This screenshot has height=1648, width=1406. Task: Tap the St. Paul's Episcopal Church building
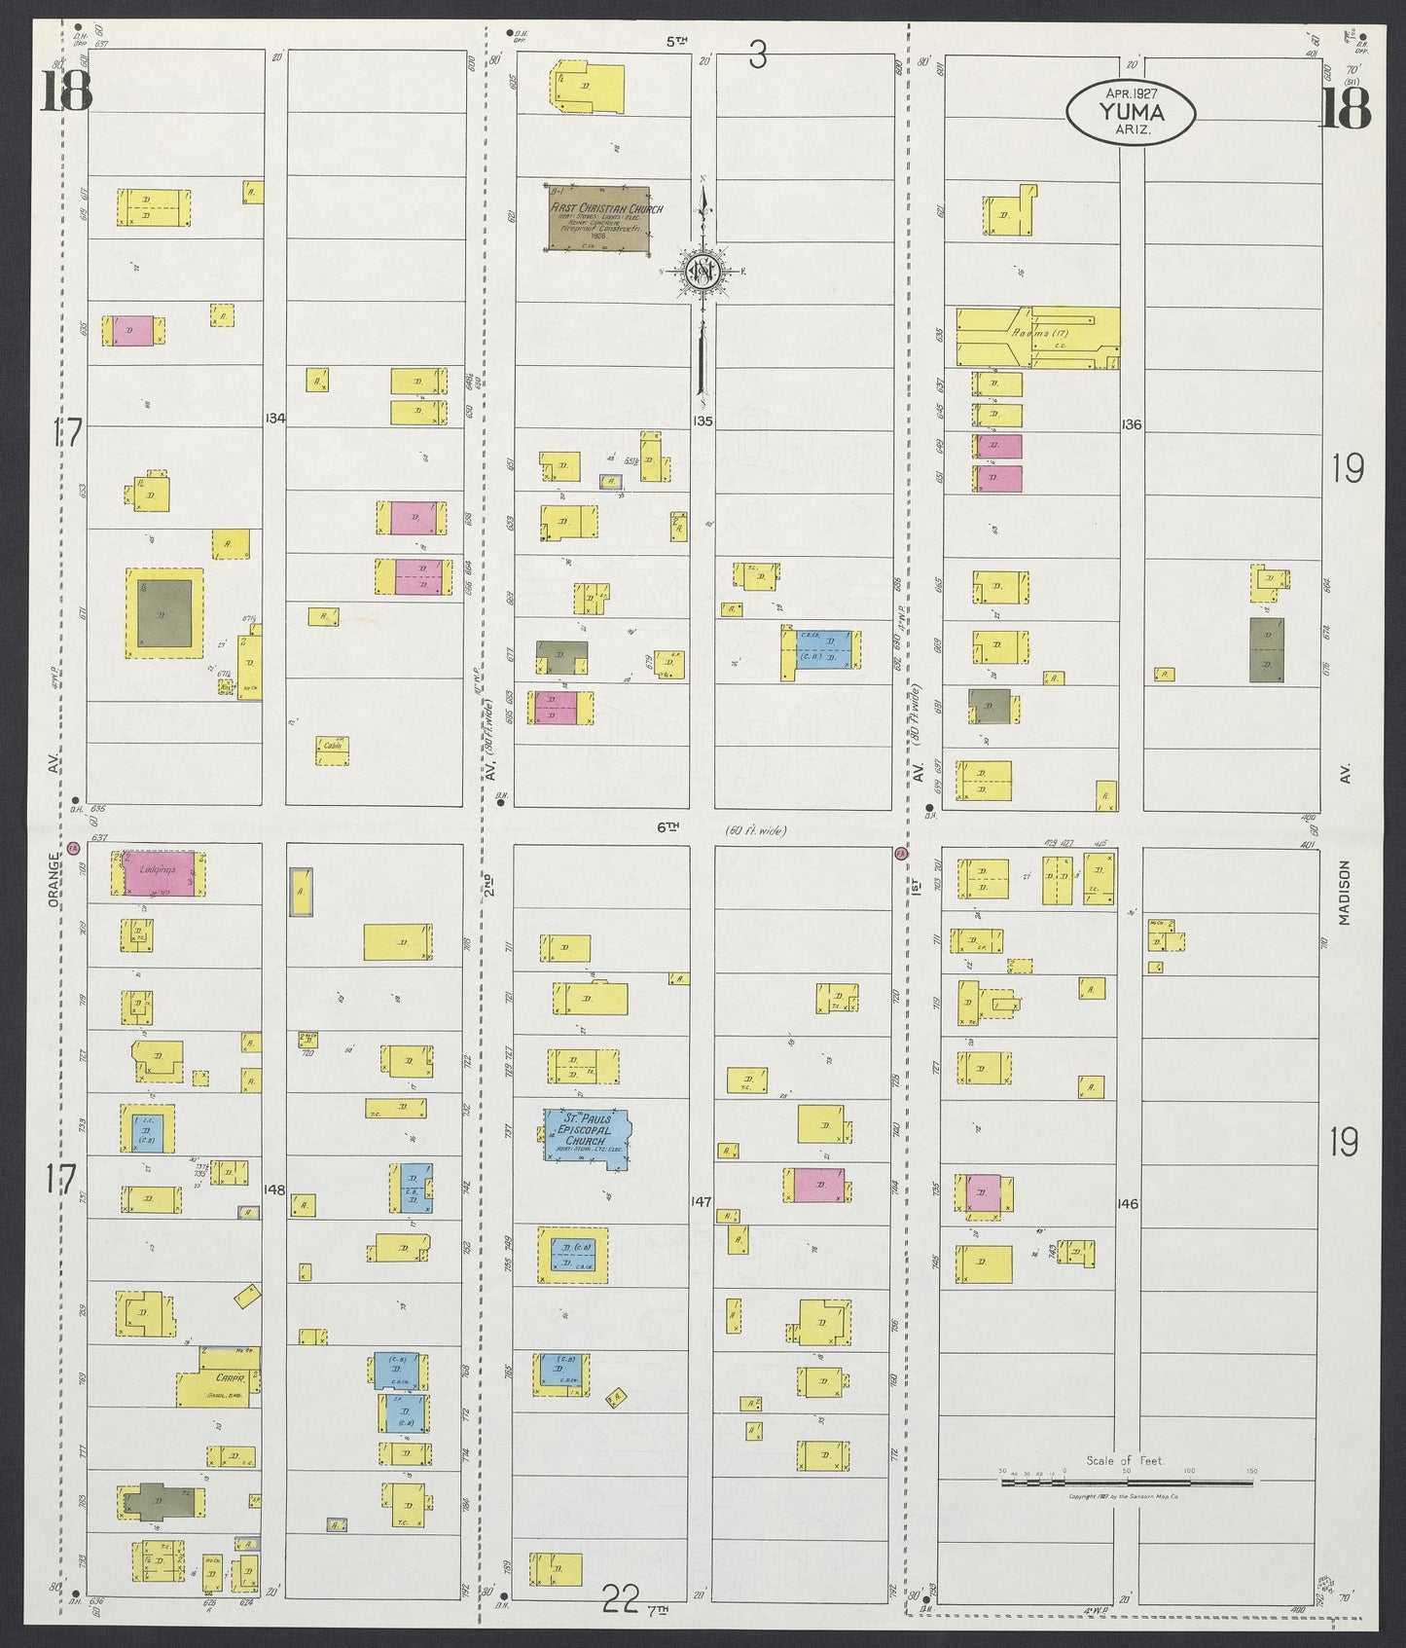pyautogui.click(x=586, y=1138)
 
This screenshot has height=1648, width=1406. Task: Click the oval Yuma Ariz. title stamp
pyautogui.click(x=1131, y=114)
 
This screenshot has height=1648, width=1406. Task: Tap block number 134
pyautogui.click(x=274, y=419)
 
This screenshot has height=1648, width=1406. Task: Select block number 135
pyautogui.click(x=703, y=421)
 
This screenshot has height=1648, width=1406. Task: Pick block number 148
pyautogui.click(x=274, y=1189)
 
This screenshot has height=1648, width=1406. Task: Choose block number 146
pyautogui.click(x=1128, y=1204)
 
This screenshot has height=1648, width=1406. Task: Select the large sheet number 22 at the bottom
pyautogui.click(x=619, y=1623)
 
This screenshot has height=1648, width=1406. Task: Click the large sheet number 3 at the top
pyautogui.click(x=758, y=56)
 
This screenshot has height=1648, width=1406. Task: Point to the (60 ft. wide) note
pyautogui.click(x=755, y=830)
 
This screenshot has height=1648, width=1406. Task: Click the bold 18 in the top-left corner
pyautogui.click(x=66, y=93)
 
